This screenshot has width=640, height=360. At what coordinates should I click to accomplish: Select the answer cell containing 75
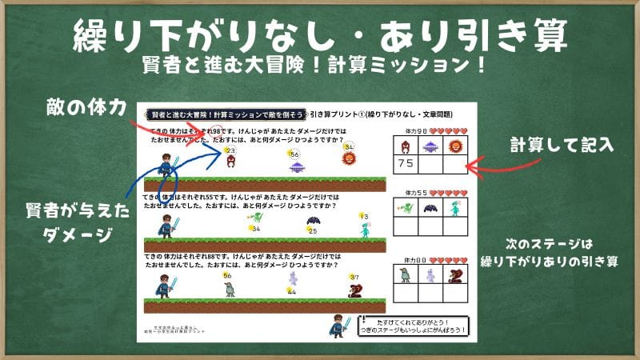tap(406, 164)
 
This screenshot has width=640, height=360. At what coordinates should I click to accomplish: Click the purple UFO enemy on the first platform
tap(298, 166)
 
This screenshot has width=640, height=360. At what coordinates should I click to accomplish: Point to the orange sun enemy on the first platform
tap(348, 158)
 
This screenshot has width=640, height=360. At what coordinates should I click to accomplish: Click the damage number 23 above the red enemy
tap(231, 150)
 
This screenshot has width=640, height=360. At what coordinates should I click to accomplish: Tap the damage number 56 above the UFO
tap(294, 154)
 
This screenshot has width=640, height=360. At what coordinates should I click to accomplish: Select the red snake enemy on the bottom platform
tap(356, 290)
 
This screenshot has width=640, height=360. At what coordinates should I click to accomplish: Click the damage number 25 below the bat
tap(312, 231)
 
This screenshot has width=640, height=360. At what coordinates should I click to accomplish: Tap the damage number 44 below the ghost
tap(291, 292)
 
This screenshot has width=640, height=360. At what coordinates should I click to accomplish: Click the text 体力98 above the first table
tap(416, 130)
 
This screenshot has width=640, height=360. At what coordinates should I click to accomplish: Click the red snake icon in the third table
tap(455, 275)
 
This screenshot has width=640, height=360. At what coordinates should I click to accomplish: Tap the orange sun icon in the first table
tap(455, 146)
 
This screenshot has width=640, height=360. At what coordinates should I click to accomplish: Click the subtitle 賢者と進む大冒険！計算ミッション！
tap(320, 62)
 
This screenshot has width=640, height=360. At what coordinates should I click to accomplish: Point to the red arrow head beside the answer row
tap(471, 167)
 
